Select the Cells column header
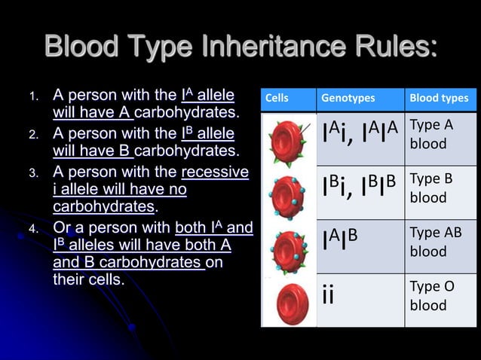[x=277, y=99]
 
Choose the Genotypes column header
[x=348, y=99]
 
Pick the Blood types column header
[x=439, y=99]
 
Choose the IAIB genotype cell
[x=339, y=239]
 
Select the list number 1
[x=32, y=97]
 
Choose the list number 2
[x=32, y=136]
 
